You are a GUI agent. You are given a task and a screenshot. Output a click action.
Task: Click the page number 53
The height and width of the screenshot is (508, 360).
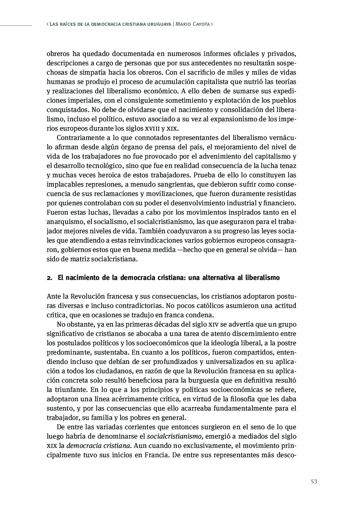pyautogui.click(x=314, y=481)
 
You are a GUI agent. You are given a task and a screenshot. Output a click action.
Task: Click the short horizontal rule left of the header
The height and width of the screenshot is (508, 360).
pyautogui.click(x=16, y=26)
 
